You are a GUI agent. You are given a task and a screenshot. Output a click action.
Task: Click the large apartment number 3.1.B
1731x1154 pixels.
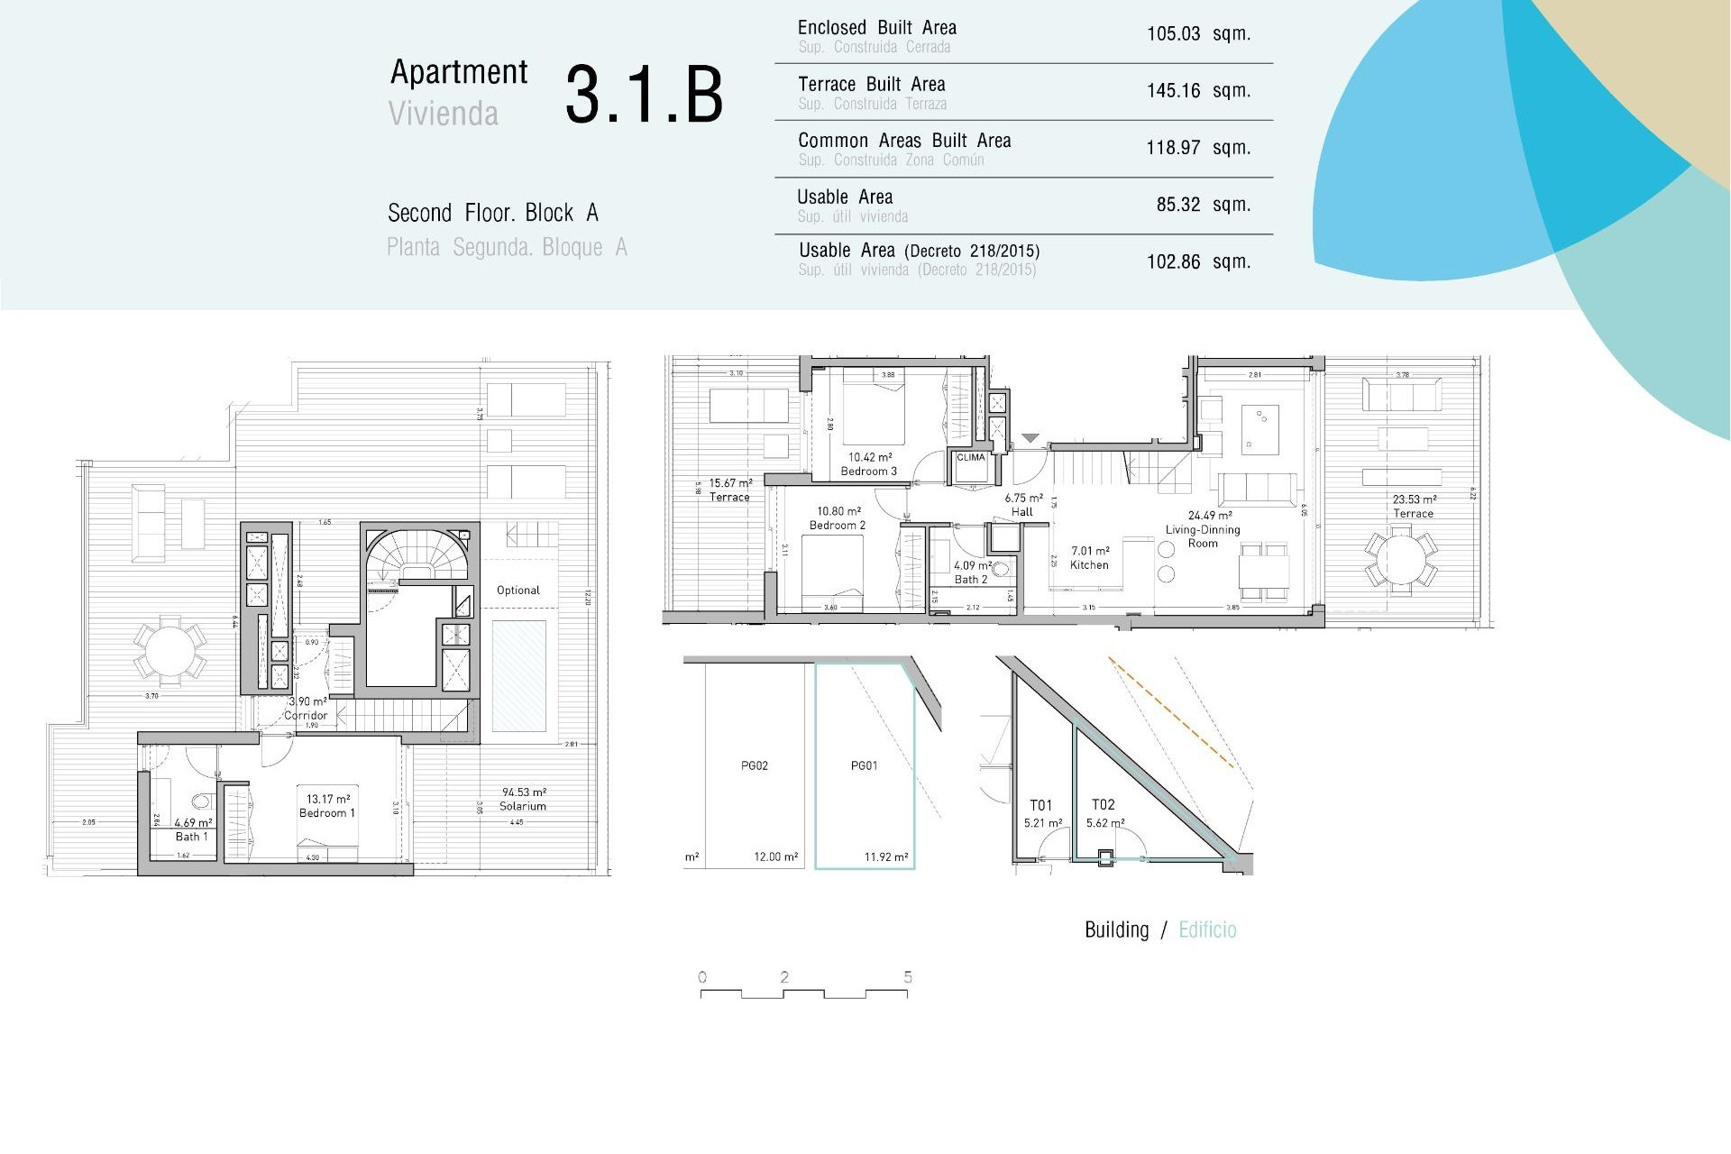pos(644,95)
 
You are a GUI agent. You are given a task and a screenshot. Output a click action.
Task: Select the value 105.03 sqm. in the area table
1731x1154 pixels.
pos(1197,34)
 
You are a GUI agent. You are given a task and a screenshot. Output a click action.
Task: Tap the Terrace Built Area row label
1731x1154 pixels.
pos(871,85)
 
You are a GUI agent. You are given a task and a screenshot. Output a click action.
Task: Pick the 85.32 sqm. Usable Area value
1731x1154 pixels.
pos(1203,205)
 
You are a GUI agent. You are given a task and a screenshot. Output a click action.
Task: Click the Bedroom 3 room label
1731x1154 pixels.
pos(868,471)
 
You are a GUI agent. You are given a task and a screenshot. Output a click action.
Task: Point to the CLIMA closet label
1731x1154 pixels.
pos(970,457)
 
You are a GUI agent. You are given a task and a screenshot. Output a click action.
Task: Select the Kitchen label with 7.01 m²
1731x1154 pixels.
pos(1089,558)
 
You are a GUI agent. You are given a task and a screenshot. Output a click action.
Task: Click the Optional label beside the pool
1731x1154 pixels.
pos(518,591)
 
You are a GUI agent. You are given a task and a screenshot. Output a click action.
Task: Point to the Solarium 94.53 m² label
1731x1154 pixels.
pos(523,800)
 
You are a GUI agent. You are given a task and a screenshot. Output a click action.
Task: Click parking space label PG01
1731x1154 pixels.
pos(864,765)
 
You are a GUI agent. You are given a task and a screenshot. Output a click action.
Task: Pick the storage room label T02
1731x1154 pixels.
pos(1103,804)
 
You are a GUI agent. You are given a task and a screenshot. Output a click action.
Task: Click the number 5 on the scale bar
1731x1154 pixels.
pos(907,976)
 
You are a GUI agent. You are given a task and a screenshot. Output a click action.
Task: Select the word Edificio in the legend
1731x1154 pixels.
pos(1207,930)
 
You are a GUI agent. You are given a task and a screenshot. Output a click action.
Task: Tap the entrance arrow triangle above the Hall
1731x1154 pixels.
pos(1030,438)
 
